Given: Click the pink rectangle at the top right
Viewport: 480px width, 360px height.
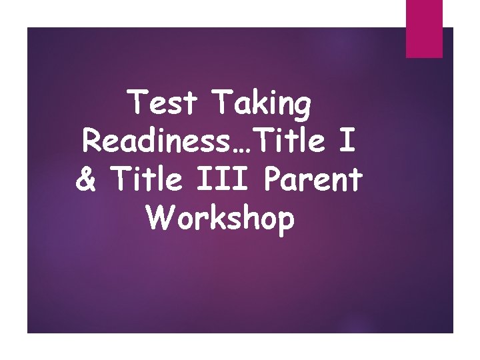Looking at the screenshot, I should tap(424, 29).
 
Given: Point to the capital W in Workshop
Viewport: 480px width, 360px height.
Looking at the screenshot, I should tap(161, 217).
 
